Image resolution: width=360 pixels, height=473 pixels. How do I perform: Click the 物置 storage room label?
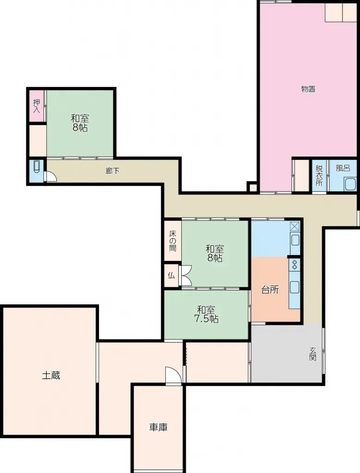(x=308, y=89)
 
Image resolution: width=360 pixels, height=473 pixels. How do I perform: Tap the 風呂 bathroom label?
(x=342, y=169)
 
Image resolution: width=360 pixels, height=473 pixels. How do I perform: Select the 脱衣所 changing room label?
(x=319, y=175)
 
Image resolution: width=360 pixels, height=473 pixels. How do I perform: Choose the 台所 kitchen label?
(x=270, y=290)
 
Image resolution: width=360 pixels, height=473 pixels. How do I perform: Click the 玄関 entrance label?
(x=313, y=354)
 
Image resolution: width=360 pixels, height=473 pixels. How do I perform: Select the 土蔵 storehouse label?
(x=51, y=376)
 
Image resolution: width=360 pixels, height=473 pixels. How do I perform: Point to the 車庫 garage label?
(x=158, y=427)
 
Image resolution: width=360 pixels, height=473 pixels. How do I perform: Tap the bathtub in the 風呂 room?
(x=350, y=184)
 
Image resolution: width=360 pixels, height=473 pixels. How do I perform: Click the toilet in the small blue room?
(x=36, y=170)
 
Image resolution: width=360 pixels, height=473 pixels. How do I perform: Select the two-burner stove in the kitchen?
(x=294, y=265)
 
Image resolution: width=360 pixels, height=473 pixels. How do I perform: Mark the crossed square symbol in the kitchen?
(x=294, y=227)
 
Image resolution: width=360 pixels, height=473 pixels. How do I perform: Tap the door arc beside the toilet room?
(x=51, y=177)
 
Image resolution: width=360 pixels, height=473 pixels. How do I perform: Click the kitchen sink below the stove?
(x=294, y=287)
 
